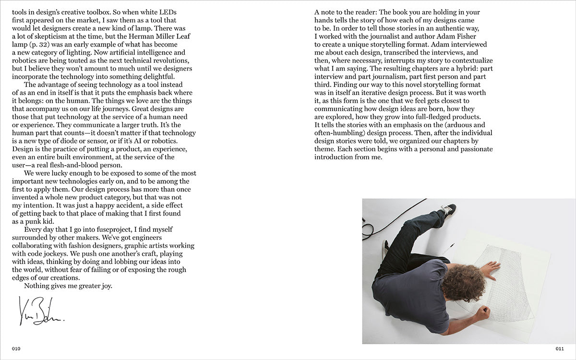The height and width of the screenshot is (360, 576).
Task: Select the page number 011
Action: [x=559, y=348]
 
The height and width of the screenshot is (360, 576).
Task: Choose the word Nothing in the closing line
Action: [x=37, y=286]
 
